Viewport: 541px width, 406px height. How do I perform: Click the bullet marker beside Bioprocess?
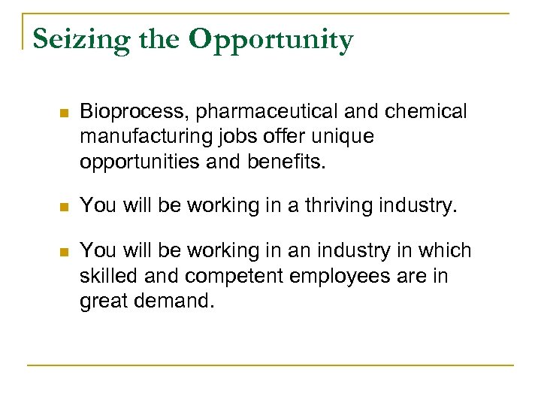(63, 114)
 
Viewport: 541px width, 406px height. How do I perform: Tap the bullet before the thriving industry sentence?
(63, 205)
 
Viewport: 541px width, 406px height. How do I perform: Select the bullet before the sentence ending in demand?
(63, 251)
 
